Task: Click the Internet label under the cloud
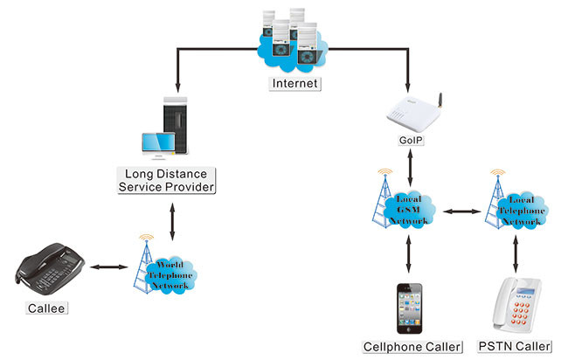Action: click(x=296, y=84)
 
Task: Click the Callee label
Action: click(x=45, y=308)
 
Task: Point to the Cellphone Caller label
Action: click(x=412, y=347)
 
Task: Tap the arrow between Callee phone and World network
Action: click(x=107, y=267)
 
